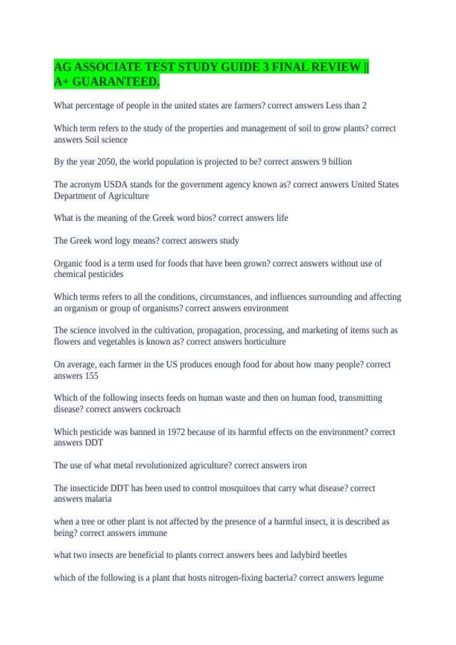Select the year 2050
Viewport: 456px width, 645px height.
[x=106, y=162]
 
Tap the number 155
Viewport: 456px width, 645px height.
[x=92, y=376]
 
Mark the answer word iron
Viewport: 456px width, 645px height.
[x=299, y=466]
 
